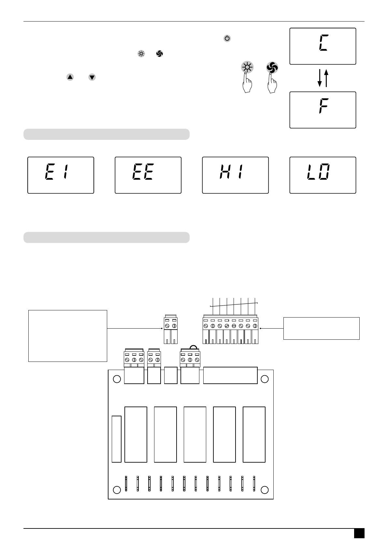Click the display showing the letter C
click(323, 46)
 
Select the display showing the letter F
click(323, 110)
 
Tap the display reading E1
click(61, 175)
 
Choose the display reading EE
click(148, 175)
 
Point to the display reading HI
click(235, 175)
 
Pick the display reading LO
click(323, 175)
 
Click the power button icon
click(227, 38)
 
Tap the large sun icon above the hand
click(247, 68)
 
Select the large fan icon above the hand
click(272, 68)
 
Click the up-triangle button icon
click(70, 77)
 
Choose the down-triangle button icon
click(92, 77)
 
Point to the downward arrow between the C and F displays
click(320, 78)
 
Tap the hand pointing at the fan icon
click(272, 84)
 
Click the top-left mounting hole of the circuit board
click(116, 379)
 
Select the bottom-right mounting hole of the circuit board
click(265, 490)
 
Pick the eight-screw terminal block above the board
click(230, 330)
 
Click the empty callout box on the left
click(68, 336)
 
